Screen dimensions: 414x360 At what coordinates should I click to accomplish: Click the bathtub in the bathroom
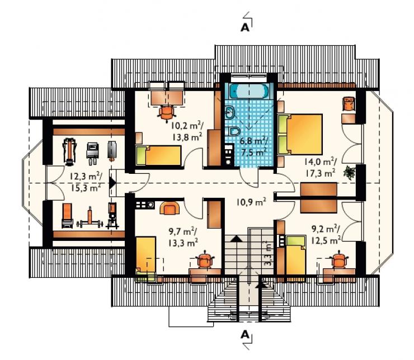point(249,91)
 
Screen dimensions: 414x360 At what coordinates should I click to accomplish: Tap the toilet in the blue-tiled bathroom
point(234,131)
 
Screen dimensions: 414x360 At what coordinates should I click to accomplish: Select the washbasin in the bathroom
point(230,113)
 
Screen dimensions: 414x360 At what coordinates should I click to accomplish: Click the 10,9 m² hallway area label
point(251,202)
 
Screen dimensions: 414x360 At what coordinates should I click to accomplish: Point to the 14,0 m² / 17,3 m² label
point(320,167)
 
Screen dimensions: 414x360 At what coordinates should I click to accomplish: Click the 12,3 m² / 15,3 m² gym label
point(86,182)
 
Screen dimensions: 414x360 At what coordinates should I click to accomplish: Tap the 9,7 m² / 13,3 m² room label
point(184,238)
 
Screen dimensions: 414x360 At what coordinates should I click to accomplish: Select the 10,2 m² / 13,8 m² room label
point(187,131)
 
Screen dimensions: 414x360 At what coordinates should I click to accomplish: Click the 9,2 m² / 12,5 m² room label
point(326,234)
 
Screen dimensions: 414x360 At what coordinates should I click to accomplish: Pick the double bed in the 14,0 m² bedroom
point(300,134)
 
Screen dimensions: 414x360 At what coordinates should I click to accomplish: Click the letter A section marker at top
point(245,27)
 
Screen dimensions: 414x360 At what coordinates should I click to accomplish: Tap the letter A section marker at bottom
point(245,334)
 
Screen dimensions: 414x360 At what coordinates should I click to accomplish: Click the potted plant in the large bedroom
point(349,172)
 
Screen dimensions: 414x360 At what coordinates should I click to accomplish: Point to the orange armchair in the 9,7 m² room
point(170,208)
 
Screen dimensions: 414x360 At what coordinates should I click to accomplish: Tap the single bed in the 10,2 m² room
point(158,155)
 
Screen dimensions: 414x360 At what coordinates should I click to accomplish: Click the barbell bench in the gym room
point(90,220)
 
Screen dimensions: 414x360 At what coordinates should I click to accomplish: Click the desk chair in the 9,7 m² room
point(205,259)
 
